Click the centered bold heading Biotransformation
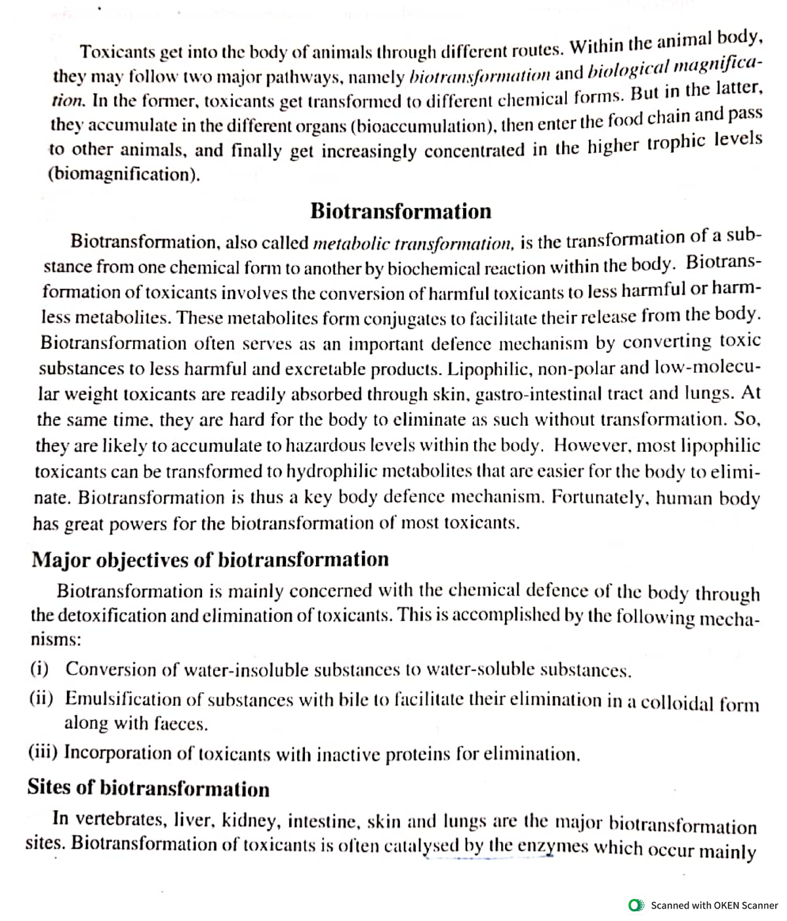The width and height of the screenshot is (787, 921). (400, 211)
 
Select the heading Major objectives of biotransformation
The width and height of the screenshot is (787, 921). (210, 560)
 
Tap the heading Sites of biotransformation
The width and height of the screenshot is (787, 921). (148, 787)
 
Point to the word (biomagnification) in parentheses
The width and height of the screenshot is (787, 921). (124, 174)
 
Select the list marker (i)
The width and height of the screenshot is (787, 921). (41, 668)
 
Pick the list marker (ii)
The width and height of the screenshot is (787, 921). (41, 698)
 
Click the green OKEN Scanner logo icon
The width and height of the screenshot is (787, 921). (636, 905)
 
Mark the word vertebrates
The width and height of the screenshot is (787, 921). (121, 819)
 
